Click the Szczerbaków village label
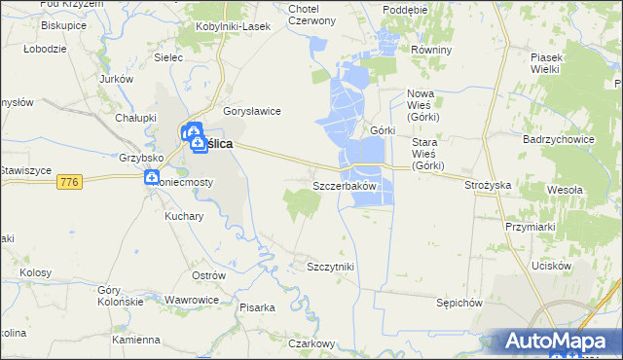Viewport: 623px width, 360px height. click(344, 185)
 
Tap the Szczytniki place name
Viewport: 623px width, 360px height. click(330, 267)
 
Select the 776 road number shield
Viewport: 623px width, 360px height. click(68, 182)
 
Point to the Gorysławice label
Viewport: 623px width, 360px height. click(252, 111)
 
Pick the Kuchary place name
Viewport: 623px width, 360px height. click(184, 217)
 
